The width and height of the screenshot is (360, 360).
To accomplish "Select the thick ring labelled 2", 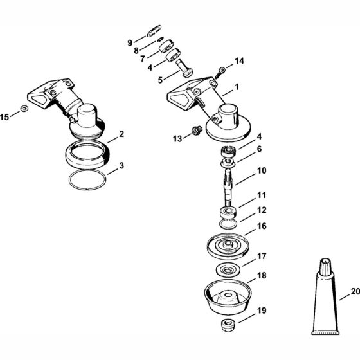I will pyautogui.click(x=90, y=157).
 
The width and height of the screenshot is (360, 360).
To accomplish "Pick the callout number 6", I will pyautogui.click(x=242, y=148).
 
